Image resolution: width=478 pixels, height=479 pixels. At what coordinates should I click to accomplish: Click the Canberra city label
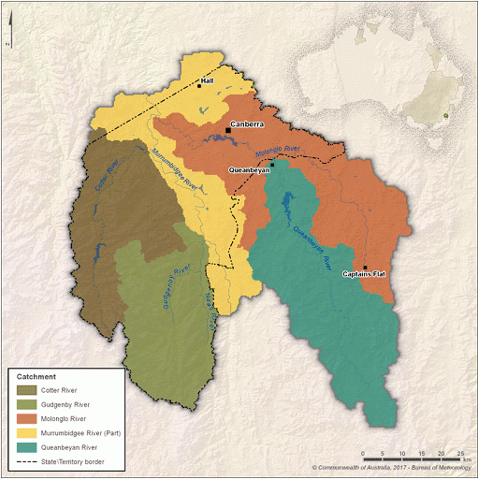[x=247, y=123]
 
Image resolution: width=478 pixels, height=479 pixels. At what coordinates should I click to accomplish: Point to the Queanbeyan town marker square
[x=271, y=165]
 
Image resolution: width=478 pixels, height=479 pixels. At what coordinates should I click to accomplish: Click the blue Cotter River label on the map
[x=108, y=175]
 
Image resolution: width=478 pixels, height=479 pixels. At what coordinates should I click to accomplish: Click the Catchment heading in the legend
[x=36, y=376]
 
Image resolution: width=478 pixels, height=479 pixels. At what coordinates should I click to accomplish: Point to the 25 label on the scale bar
[x=461, y=453]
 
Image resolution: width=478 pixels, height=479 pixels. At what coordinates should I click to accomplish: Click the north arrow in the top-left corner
[x=7, y=42]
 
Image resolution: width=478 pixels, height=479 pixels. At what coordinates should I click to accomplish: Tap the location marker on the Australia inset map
[x=446, y=117]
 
